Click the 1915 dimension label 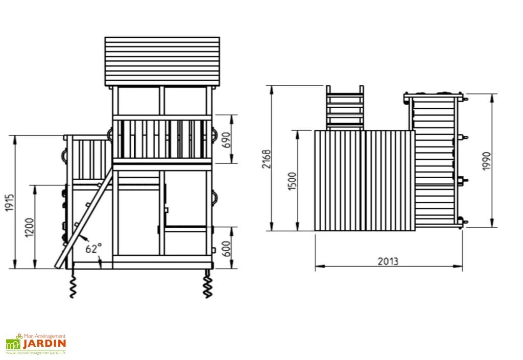point(10,203)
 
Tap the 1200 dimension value point(29,228)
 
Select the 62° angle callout point(93,249)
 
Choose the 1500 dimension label point(292,181)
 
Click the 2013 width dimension point(388,261)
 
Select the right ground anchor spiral point(208,286)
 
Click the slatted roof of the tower point(162,61)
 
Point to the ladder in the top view point(345,108)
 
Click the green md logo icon point(12,344)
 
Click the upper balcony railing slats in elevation point(162,139)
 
